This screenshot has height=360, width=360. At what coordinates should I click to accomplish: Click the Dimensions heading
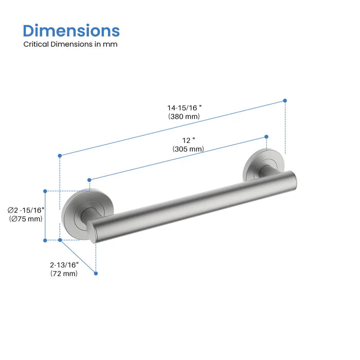pyautogui.click(x=71, y=30)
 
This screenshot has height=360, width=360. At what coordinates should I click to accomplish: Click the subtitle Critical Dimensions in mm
pyautogui.click(x=70, y=44)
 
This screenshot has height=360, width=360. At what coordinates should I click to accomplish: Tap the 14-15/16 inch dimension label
pyautogui.click(x=184, y=107)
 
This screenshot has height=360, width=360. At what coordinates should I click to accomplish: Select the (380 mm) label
pyautogui.click(x=184, y=117)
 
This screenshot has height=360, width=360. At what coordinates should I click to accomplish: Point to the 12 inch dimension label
pyautogui.click(x=188, y=140)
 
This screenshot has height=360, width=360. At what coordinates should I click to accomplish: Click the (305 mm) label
pyautogui.click(x=188, y=149)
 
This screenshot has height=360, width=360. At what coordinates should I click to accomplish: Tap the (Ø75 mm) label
pyautogui.click(x=26, y=219)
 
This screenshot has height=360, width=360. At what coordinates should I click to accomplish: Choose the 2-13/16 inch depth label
pyautogui.click(x=64, y=264)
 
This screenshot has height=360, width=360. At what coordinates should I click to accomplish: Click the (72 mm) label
pyautogui.click(x=64, y=274)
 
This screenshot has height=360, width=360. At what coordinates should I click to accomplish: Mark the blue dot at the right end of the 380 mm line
pyautogui.click(x=285, y=101)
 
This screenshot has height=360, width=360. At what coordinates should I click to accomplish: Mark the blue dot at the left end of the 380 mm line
pyautogui.click(x=60, y=155)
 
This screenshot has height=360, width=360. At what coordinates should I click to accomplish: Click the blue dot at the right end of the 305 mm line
pyautogui.click(x=266, y=136)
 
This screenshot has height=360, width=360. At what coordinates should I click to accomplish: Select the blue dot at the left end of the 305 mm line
pyautogui.click(x=89, y=179)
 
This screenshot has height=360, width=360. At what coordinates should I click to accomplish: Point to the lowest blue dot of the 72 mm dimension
pyautogui.click(x=96, y=274)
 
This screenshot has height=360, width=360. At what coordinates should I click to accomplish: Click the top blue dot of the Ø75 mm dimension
pyautogui.click(x=45, y=191)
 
